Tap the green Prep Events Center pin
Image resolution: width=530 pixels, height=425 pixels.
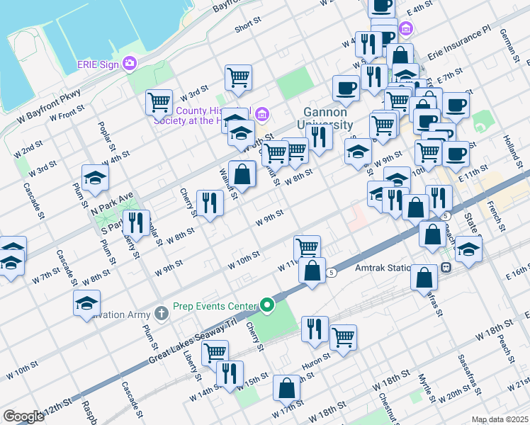coord(267,306)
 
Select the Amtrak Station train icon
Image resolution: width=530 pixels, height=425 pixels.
coord(446,268)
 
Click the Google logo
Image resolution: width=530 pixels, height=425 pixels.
coord(23,416)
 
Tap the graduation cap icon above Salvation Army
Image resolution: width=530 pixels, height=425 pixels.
coord(87,303)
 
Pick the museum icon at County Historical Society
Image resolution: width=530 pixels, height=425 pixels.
coord(261,114)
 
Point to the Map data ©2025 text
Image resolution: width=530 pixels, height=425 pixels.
coord(500,419)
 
